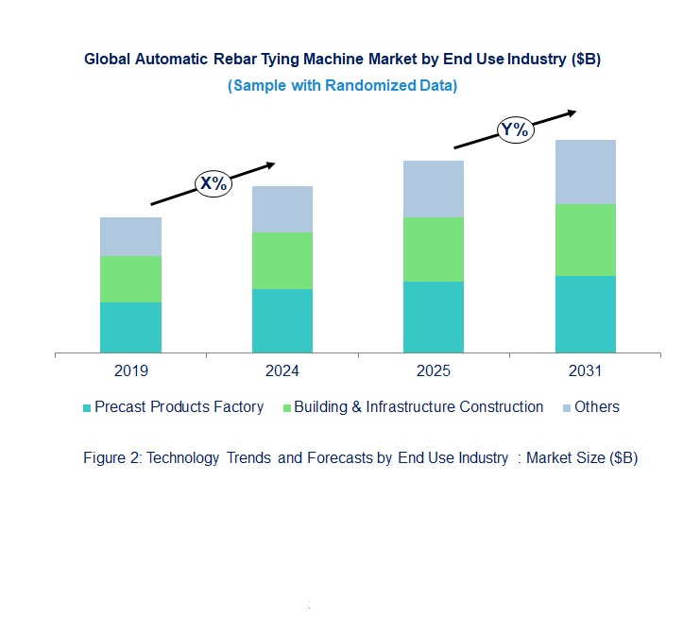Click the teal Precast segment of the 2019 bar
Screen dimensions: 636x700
click(x=130, y=327)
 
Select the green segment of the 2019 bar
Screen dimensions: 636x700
click(x=130, y=279)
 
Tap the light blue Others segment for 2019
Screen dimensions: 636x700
click(x=130, y=236)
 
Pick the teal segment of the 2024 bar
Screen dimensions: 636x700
click(x=282, y=320)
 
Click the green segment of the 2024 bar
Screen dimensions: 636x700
click(x=282, y=260)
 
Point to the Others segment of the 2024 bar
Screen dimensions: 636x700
click(x=282, y=209)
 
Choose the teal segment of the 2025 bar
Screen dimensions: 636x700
click(x=434, y=317)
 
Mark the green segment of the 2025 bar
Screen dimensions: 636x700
click(x=434, y=249)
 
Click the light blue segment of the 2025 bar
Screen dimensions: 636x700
click(x=434, y=188)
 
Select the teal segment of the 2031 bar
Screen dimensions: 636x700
click(x=585, y=314)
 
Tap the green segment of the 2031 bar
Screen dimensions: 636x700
click(x=585, y=239)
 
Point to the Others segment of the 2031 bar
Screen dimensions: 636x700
click(x=585, y=171)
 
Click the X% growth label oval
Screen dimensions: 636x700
click(x=213, y=183)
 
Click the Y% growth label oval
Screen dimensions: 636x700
click(x=515, y=129)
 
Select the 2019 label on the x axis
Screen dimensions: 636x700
click(x=130, y=370)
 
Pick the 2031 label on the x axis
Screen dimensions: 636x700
click(x=585, y=370)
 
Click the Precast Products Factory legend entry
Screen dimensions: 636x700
click(x=174, y=407)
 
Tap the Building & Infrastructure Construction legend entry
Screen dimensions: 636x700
click(x=413, y=407)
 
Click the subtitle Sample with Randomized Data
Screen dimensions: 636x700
click(x=342, y=85)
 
